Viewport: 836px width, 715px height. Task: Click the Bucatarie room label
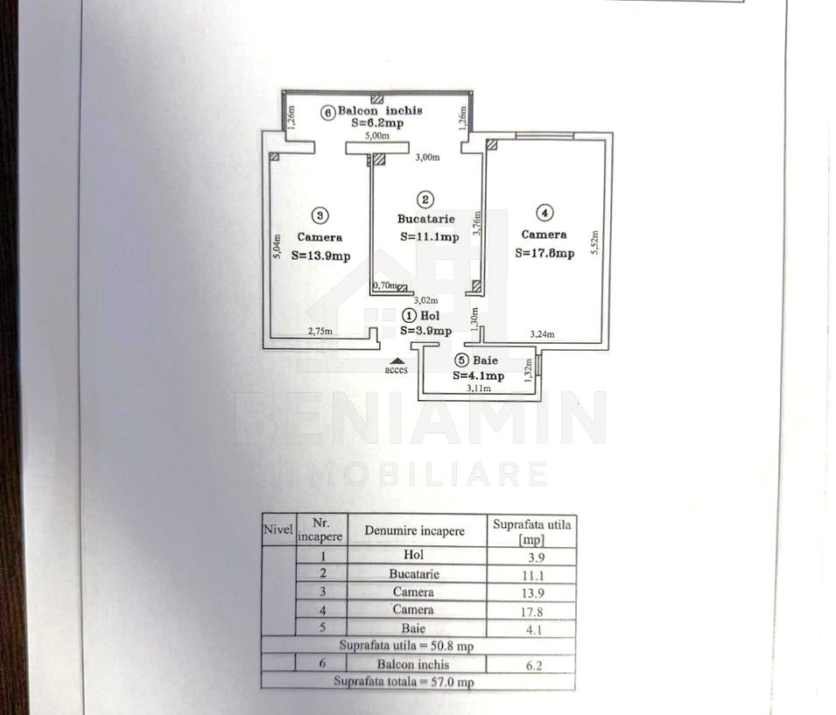[426, 219]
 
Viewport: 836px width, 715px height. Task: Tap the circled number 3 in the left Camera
[320, 215]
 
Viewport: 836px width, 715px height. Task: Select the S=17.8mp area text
[544, 253]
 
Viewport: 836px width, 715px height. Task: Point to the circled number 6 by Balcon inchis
[328, 113]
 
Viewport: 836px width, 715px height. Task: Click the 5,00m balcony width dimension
[377, 136]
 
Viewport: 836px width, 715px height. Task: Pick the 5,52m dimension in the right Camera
[595, 242]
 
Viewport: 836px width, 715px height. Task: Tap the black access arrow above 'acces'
[395, 361]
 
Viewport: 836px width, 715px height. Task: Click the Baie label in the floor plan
[485, 361]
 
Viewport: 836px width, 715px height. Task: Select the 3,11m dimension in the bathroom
[479, 389]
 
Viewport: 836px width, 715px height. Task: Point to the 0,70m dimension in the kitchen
[385, 285]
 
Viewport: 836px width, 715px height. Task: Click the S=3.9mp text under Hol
[426, 331]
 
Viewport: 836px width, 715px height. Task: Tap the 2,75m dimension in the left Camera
[320, 331]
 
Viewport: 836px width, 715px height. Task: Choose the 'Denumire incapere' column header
[414, 530]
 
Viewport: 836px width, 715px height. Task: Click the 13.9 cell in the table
[531, 593]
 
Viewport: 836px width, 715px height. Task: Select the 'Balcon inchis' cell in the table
[413, 664]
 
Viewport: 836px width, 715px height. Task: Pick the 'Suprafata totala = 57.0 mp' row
[404, 682]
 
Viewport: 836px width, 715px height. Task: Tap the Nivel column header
[278, 529]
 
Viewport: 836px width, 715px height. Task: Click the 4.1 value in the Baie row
[534, 630]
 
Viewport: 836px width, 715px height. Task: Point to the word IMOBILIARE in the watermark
[418, 474]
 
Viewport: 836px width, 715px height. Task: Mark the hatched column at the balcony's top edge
[377, 99]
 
